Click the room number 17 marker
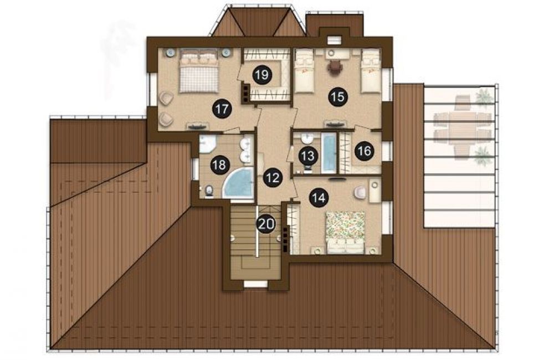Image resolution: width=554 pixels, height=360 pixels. pos(222,109)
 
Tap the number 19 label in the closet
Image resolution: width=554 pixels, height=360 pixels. pos(262,75)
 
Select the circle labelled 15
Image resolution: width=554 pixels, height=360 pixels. pos(338,96)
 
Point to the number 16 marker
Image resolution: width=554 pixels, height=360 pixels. pos(365,151)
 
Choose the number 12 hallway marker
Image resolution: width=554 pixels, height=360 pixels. pos(273,177)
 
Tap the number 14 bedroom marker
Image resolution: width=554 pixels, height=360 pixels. pos(319,198)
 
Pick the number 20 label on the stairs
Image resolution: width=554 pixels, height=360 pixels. pos(266,224)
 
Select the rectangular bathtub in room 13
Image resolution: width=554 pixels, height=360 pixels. pos(329,153)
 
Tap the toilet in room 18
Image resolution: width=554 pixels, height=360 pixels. pos(209,191)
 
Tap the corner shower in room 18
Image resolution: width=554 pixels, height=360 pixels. pos(206,144)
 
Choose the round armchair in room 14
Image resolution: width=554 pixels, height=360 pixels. pos(360,192)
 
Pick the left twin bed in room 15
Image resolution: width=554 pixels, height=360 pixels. pos(305,71)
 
